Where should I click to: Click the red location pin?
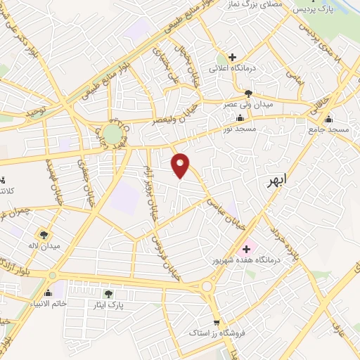[x=181, y=165]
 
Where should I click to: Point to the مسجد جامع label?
[x=328, y=130]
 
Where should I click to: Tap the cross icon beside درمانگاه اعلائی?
[x=232, y=56]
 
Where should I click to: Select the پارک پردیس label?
[x=311, y=10]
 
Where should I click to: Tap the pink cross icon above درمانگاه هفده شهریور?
[x=247, y=248]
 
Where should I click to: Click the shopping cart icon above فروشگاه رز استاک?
[x=217, y=319]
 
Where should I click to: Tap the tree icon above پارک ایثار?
[x=108, y=294]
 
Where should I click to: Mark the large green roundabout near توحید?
[x=111, y=133]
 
